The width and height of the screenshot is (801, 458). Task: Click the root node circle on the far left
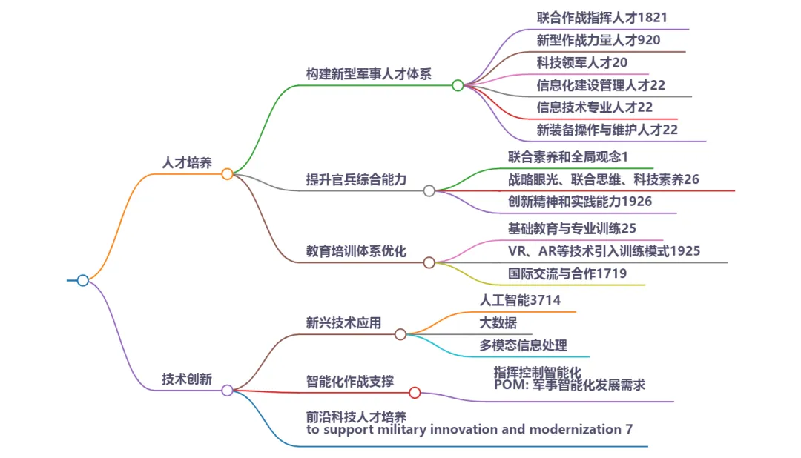click(83, 280)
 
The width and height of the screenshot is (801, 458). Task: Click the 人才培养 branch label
click(187, 162)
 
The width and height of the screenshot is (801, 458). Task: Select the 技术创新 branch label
click(187, 379)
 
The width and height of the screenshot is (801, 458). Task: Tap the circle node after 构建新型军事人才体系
click(458, 85)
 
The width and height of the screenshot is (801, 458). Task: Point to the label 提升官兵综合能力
click(356, 179)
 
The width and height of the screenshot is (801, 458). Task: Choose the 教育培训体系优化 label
click(356, 250)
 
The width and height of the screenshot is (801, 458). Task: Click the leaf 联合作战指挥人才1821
click(604, 17)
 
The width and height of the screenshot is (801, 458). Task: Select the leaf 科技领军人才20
click(581, 62)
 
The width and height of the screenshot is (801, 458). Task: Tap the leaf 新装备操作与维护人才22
click(607, 130)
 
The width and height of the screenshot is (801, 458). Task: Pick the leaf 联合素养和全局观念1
click(568, 156)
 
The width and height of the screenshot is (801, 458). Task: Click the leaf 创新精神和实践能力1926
click(580, 201)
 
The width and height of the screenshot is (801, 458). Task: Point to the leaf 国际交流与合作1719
click(567, 273)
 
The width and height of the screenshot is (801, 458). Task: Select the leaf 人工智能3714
click(520, 300)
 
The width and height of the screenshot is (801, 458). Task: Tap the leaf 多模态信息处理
click(523, 345)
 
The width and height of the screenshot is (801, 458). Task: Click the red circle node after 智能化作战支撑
click(415, 393)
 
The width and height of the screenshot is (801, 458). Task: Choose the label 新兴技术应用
click(343, 322)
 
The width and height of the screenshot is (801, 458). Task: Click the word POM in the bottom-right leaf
click(508, 385)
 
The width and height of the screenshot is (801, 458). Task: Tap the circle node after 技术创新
click(228, 390)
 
